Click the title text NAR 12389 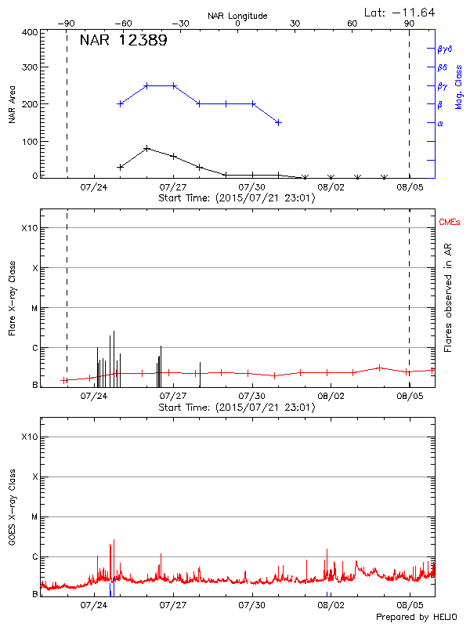123,41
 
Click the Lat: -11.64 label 400,12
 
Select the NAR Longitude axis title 237,16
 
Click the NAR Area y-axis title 13,104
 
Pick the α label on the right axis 440,123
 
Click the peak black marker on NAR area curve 146,148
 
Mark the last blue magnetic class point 278,122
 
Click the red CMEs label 449,223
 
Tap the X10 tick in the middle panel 28,228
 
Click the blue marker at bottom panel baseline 112,589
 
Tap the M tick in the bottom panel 34,517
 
